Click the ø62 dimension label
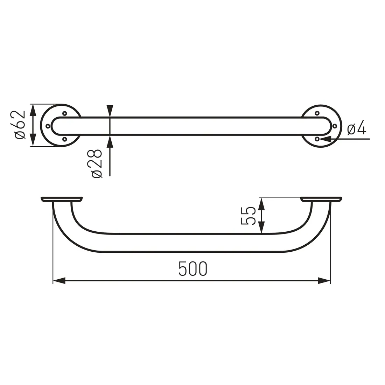click(x=20, y=125)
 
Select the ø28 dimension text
click(x=97, y=163)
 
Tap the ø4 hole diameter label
click(x=357, y=129)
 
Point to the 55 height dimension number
click(x=248, y=216)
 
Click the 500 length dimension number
click(x=193, y=268)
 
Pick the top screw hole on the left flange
click(x=65, y=113)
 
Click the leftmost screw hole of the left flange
click(x=48, y=126)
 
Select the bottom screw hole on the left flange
click(x=65, y=139)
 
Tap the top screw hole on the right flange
click(x=317, y=113)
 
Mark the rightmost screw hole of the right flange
click(x=334, y=126)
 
